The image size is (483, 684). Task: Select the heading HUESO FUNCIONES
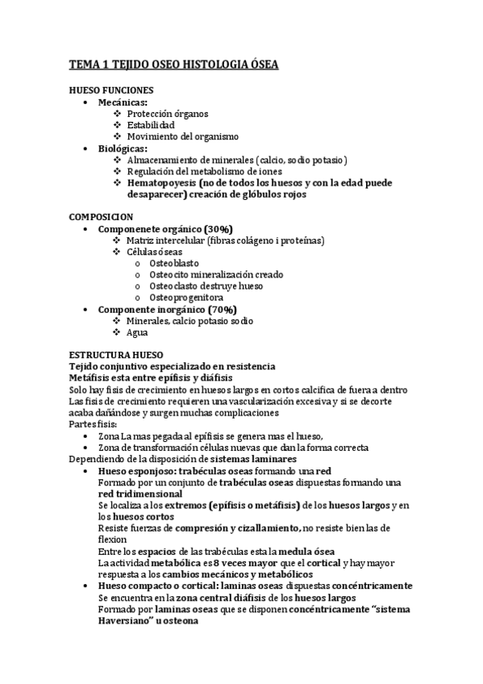point(111,91)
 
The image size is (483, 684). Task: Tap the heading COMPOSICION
point(102,218)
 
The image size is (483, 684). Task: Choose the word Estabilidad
point(151,126)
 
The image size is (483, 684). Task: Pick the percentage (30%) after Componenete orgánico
point(219,229)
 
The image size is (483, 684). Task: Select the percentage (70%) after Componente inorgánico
point(223,309)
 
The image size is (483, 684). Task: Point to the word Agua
point(139,332)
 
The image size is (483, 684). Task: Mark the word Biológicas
point(123,148)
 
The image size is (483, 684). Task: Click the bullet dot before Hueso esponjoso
point(86,470)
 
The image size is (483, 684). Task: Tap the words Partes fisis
point(94,423)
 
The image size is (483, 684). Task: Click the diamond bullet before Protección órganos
point(118,115)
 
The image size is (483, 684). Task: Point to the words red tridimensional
point(139,493)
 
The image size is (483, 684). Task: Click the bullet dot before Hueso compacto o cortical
point(86,585)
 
